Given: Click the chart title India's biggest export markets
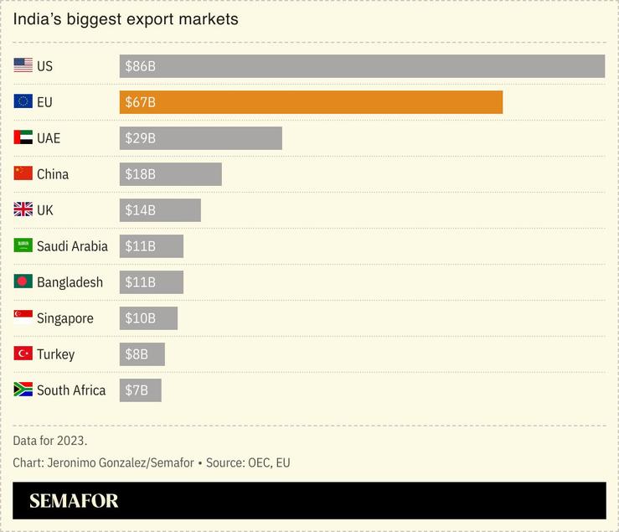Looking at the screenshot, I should coord(126,19).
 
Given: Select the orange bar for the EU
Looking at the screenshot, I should coord(311,102).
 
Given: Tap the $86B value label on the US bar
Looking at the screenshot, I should coord(140,66).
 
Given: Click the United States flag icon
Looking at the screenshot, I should coord(23,65).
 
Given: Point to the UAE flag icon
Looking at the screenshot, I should coord(23,137).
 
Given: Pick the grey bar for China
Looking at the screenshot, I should coord(171,174).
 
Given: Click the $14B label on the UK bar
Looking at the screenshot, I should coord(140,210).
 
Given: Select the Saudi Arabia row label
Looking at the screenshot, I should coord(72,246).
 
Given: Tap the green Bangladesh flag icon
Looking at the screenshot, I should coord(23,281).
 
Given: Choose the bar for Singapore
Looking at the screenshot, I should coord(148,318).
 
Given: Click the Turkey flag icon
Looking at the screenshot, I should coord(23,354).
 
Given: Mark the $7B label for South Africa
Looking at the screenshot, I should coord(137,390).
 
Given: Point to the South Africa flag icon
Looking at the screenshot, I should coord(23,390).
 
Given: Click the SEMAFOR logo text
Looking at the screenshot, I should coord(74,501).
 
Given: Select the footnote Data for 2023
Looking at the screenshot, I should coord(50,441).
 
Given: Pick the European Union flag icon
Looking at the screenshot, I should coord(23,101).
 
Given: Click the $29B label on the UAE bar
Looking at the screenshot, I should coord(140,138).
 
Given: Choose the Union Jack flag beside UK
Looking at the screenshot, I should coord(23,209).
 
